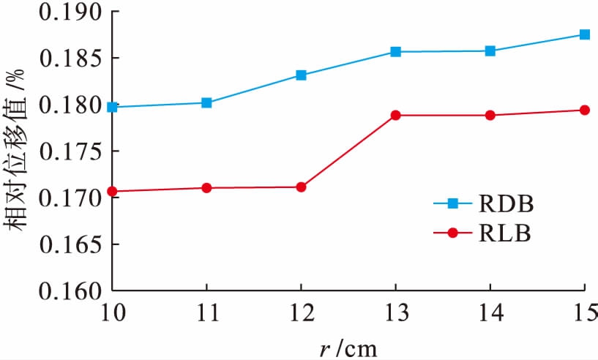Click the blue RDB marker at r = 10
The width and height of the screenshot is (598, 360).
pos(112,107)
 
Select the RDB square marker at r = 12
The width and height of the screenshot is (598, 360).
pos(301,75)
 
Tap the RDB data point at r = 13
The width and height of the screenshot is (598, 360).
pos(395,52)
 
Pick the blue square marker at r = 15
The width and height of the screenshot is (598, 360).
pos(584,34)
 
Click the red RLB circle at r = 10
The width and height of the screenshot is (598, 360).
pos(112,192)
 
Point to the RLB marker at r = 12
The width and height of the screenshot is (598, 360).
pos(301,187)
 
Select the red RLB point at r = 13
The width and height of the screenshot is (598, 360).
pos(395,116)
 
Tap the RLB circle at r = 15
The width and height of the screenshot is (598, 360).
pos(584,110)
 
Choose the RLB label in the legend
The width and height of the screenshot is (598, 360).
pos(505,233)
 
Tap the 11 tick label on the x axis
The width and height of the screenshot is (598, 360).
pos(206,315)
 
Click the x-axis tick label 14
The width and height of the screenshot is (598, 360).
pos(490,315)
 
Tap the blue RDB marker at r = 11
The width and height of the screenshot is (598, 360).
pos(206,103)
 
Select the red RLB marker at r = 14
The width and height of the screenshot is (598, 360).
pos(490,116)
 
